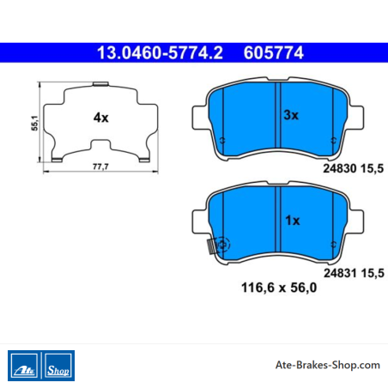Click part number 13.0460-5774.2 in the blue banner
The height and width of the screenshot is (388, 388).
[x=160, y=53]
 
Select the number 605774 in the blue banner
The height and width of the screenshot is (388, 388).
[x=274, y=53]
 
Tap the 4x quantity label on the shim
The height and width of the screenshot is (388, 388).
[x=100, y=118]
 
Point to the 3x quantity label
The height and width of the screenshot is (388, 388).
[x=291, y=115]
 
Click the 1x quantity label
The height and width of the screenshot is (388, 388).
[x=293, y=221]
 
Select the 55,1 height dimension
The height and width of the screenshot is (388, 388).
[x=34, y=123]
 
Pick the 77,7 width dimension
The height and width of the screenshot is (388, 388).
[x=100, y=167]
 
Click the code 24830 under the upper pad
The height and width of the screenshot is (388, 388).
[x=340, y=168]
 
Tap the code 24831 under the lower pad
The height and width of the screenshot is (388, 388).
[x=340, y=273]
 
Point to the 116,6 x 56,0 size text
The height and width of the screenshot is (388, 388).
[x=279, y=288]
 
